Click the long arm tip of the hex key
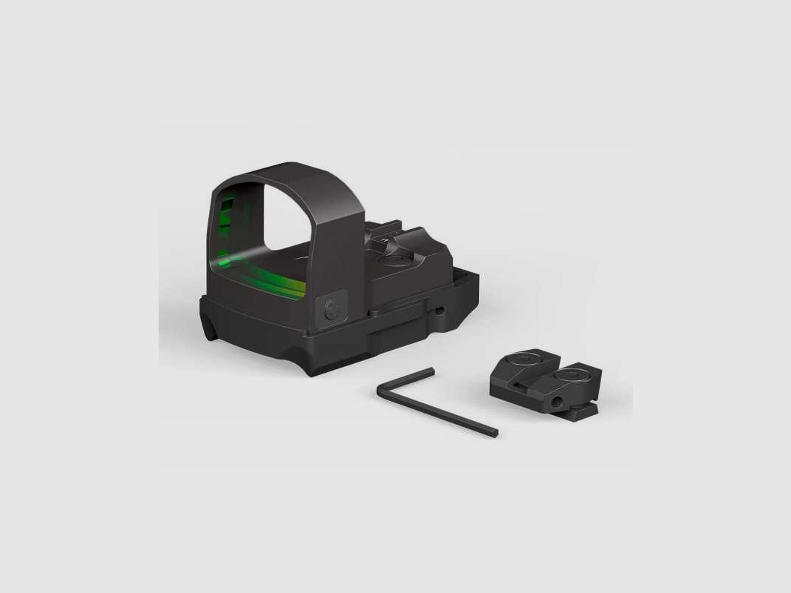coord(494,433)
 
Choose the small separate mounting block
coord(545,382)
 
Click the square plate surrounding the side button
coord(330,313)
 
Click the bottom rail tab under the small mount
coord(586,410)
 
